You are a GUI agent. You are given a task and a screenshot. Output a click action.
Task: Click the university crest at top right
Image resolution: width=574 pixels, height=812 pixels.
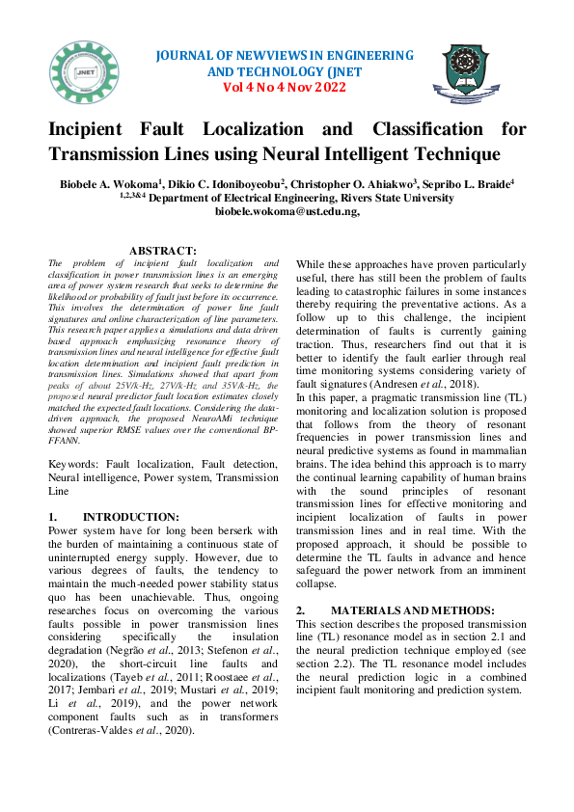[x=472, y=72]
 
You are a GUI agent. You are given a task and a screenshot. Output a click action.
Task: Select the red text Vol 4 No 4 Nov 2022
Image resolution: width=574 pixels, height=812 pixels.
[x=284, y=87]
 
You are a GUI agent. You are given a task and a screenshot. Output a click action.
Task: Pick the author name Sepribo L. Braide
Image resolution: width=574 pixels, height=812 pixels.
[x=477, y=182]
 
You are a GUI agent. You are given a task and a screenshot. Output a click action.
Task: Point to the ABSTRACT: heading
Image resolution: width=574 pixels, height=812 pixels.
[x=163, y=251]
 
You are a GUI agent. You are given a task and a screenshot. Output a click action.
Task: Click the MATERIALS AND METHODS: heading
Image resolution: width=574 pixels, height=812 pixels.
[x=412, y=610]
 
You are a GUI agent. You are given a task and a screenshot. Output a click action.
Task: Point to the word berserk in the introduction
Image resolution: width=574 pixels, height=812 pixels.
[x=232, y=530]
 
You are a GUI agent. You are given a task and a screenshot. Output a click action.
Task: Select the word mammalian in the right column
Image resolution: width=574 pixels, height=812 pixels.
[x=489, y=462]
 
